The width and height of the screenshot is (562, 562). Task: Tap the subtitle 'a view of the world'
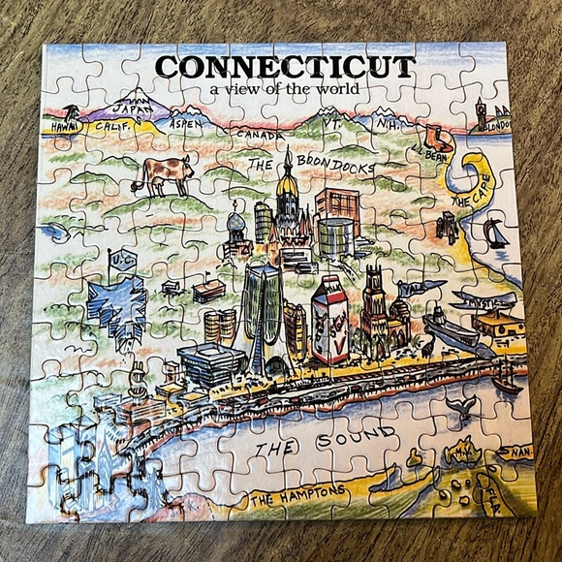(x=277, y=91)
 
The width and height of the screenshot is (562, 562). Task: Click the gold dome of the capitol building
(x=286, y=184)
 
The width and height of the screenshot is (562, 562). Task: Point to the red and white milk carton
(x=328, y=320)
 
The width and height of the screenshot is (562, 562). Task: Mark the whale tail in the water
(x=462, y=407)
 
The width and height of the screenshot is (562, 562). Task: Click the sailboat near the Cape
(x=496, y=233)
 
